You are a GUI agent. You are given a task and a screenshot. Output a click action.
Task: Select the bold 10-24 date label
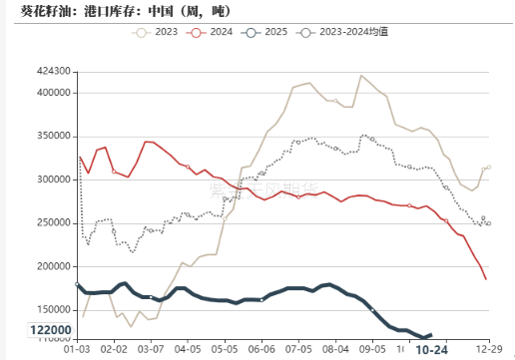pyautogui.click(x=431, y=349)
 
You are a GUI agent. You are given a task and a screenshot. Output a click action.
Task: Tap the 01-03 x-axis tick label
pyautogui.click(x=77, y=349)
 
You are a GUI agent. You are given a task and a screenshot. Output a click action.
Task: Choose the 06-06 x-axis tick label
pyautogui.click(x=261, y=349)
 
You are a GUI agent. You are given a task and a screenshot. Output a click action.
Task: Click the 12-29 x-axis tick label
pyautogui.click(x=489, y=349)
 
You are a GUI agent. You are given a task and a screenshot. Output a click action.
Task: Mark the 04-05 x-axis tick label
pyautogui.click(x=188, y=349)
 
